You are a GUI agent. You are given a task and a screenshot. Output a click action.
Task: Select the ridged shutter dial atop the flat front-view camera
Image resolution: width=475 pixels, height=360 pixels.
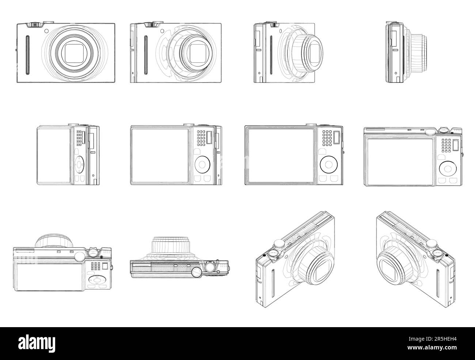pyautogui.click(x=34, y=24)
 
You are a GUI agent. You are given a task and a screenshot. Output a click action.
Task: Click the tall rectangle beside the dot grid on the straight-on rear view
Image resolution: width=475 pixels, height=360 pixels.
pyautogui.click(x=337, y=139)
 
